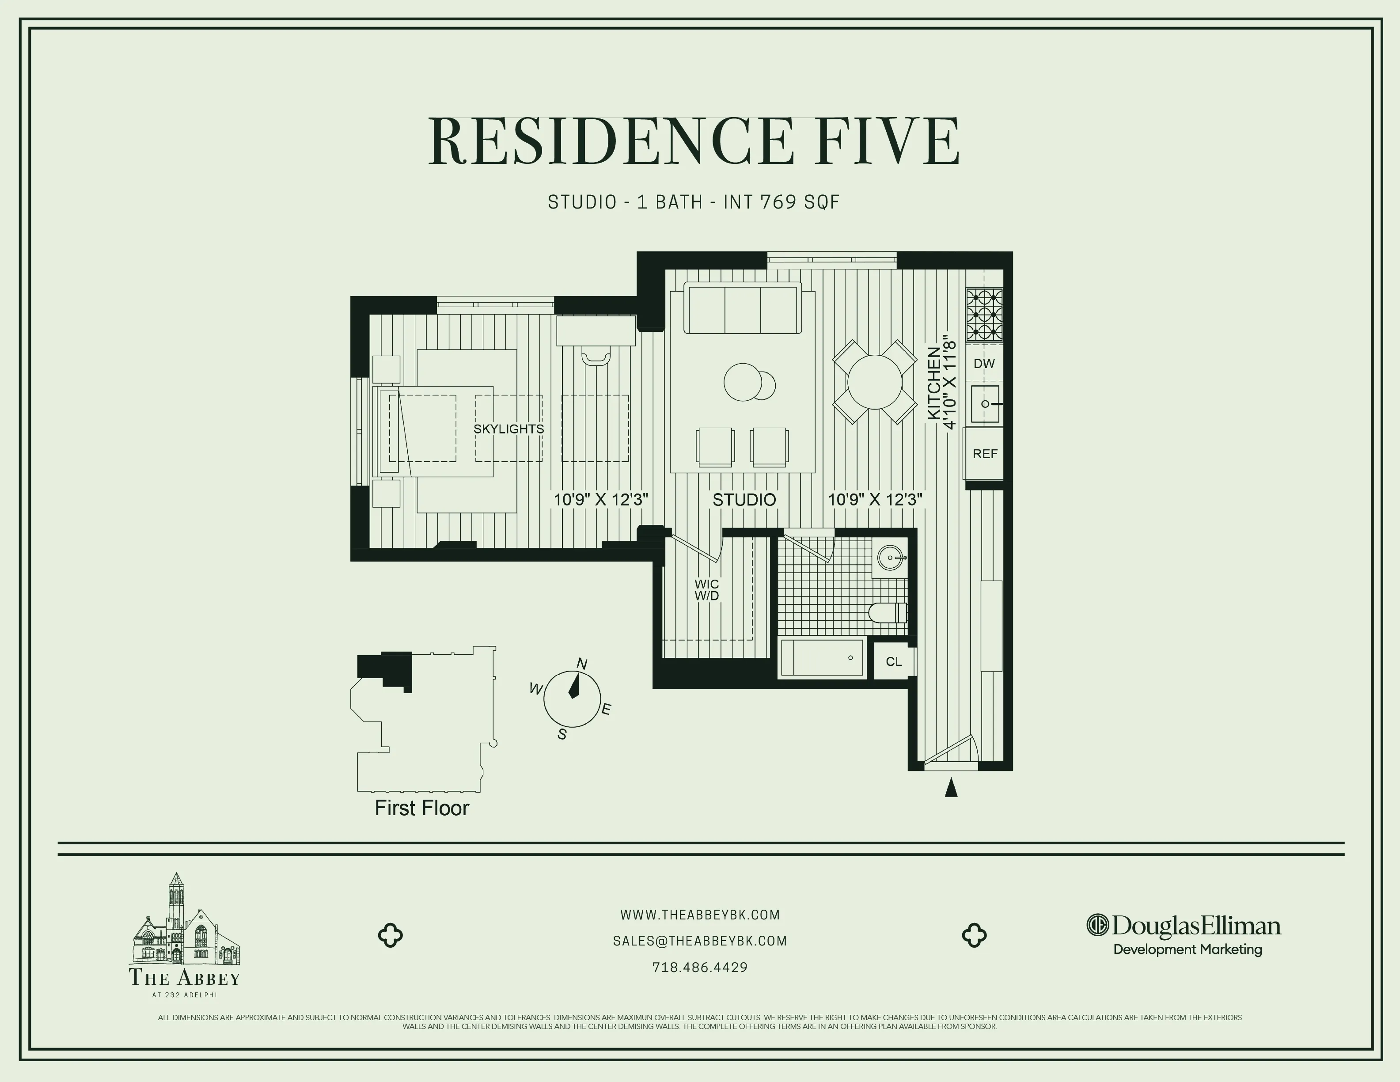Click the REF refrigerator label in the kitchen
(x=985, y=454)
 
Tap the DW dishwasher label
(x=984, y=364)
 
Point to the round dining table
(x=874, y=382)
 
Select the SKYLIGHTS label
(x=508, y=429)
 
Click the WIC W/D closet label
(x=706, y=590)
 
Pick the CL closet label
(x=894, y=661)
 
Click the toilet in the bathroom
(x=888, y=613)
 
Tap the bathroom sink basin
(x=890, y=558)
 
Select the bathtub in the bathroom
(x=822, y=658)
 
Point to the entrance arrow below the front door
(x=951, y=787)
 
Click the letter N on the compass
(x=582, y=664)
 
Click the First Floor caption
(x=422, y=808)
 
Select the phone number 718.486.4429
(x=700, y=967)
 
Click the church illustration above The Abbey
(x=185, y=920)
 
